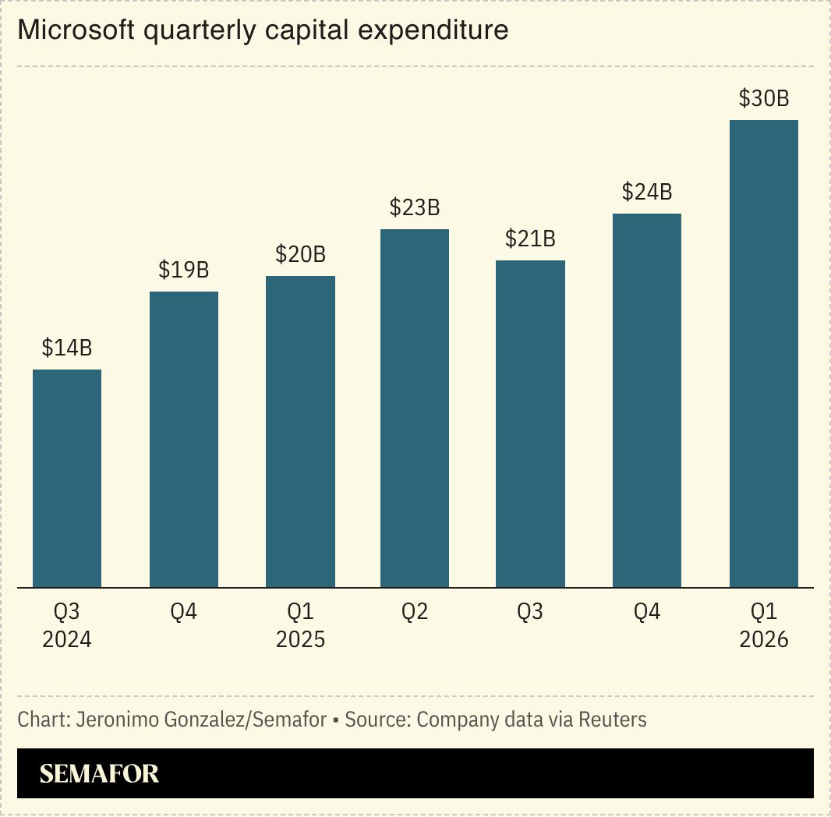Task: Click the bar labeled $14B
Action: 67,478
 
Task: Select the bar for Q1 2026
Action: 763,353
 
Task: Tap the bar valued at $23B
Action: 415,408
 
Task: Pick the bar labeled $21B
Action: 530,423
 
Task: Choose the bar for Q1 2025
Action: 300,431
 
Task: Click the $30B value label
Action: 763,100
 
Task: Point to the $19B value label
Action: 184,271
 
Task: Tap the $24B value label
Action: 647,193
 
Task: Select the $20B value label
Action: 300,255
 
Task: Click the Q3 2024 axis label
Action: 67,626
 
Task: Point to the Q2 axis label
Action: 415,613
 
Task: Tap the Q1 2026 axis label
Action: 763,626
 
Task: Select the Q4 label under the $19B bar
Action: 184,613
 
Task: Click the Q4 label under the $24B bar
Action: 647,613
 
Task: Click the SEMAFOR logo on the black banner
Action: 99,773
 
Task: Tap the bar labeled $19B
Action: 184,439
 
